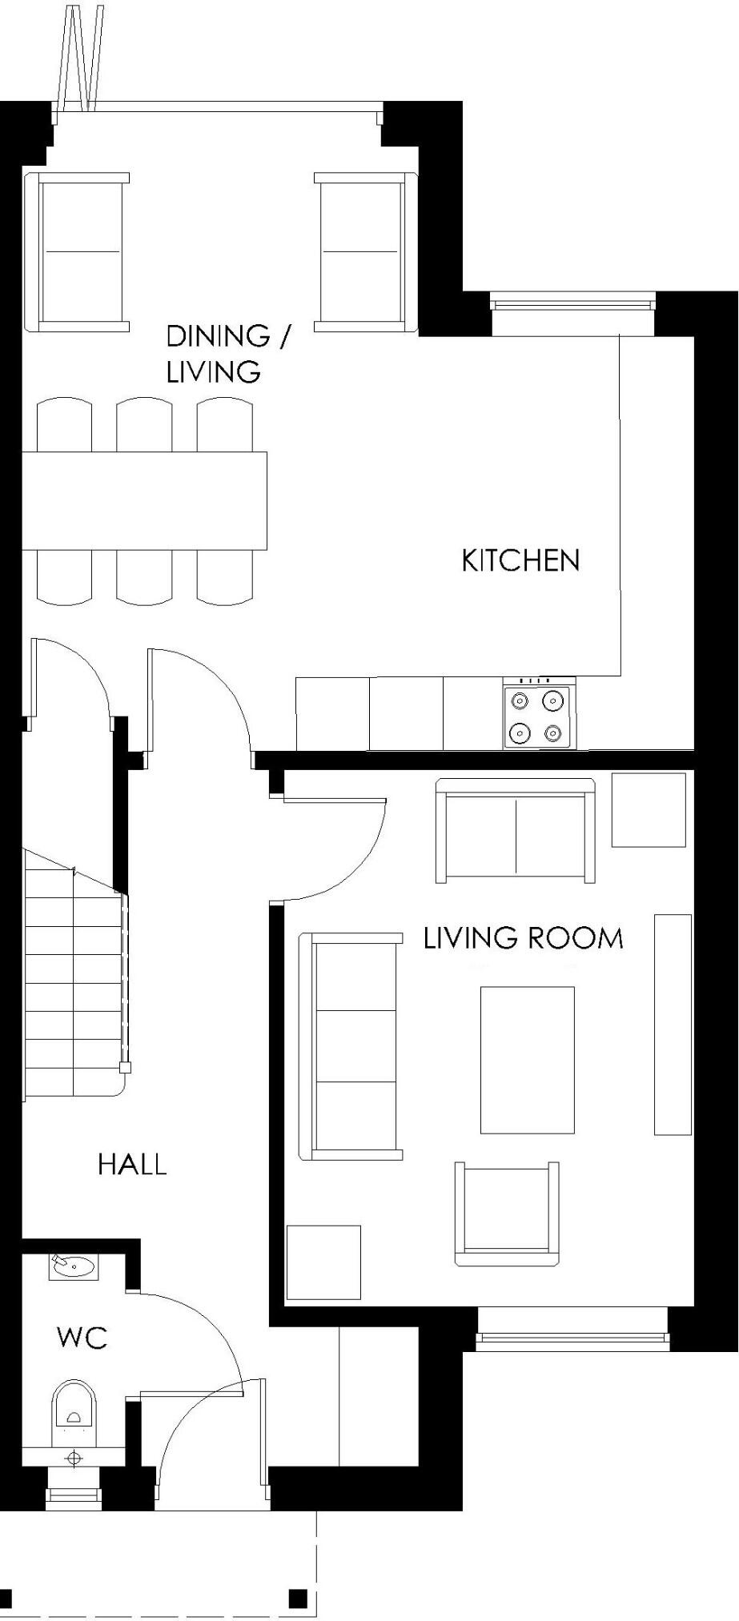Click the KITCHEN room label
pyautogui.click(x=520, y=560)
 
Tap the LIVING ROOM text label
pyautogui.click(x=523, y=937)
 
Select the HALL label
pyautogui.click(x=132, y=1164)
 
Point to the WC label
pyautogui.click(x=82, y=1338)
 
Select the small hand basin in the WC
pyautogui.click(x=73, y=1267)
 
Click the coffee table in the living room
pyautogui.click(x=527, y=1060)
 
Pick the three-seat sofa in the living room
pyautogui.click(x=351, y=1046)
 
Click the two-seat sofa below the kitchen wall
pyautogui.click(x=516, y=830)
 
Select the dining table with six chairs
pyautogui.click(x=144, y=500)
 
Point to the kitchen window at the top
pyautogui.click(x=572, y=304)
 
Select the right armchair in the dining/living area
pyautogui.click(x=363, y=251)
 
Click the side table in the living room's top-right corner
pyautogui.click(x=649, y=809)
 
